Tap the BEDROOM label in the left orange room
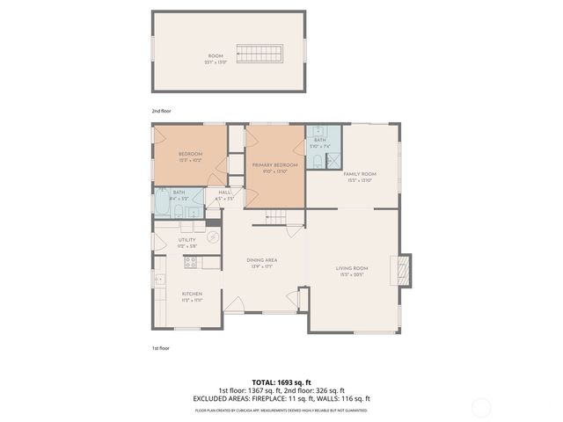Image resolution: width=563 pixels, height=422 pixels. click(x=190, y=154)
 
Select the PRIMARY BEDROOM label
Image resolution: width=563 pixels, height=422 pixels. click(x=274, y=164)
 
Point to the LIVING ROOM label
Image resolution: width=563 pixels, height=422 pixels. click(x=351, y=268)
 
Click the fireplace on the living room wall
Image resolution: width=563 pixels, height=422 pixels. click(x=404, y=268)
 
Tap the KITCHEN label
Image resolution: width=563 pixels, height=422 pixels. click(x=192, y=294)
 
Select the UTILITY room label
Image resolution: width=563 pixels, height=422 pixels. click(x=186, y=240)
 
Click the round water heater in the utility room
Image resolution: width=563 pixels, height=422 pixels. click(x=212, y=237)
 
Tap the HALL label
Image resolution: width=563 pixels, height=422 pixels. click(x=224, y=192)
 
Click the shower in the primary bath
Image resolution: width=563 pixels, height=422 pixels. click(x=333, y=159)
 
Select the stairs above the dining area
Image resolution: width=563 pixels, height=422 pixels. click(x=278, y=217)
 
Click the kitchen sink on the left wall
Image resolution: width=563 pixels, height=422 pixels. click(x=160, y=280)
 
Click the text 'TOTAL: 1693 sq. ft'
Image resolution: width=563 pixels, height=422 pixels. click(x=281, y=382)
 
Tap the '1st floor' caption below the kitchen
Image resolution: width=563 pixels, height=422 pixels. click(x=159, y=348)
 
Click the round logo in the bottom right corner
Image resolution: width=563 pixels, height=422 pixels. click(x=481, y=406)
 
